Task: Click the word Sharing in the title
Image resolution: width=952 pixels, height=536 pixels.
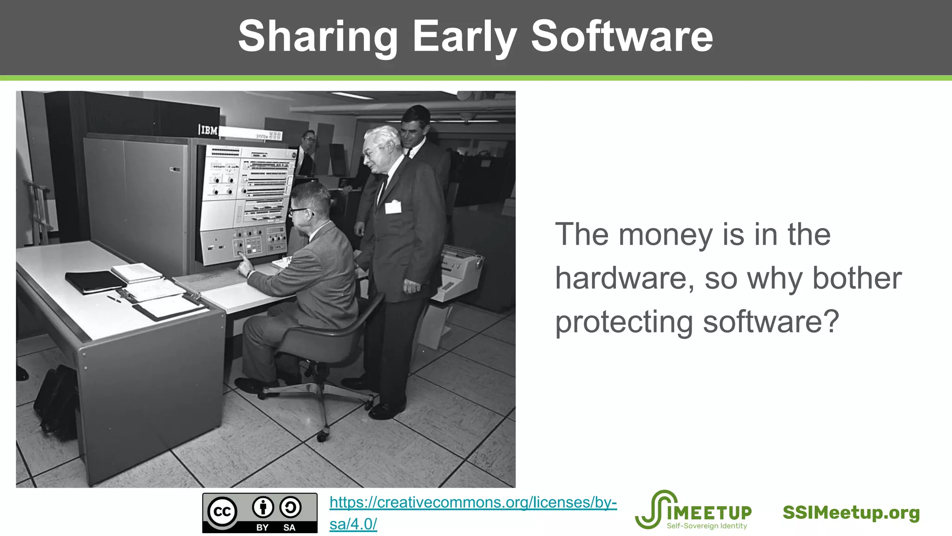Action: coord(317,37)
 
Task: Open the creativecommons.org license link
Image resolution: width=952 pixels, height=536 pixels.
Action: coord(473,503)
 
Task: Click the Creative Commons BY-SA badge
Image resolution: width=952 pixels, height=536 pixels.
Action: coord(260,513)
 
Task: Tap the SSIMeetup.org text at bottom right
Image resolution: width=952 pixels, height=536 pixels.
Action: coord(851,513)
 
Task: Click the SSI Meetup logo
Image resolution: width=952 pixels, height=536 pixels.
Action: coord(693,510)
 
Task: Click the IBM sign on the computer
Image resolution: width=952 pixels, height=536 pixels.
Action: coord(208,130)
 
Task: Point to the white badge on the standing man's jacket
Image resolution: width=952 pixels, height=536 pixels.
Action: coord(393,207)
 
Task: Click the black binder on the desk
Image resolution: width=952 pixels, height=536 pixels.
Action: coord(96,282)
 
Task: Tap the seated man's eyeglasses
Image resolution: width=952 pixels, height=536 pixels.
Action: coord(298,211)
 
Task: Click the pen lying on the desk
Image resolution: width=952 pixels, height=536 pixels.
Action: coord(114,299)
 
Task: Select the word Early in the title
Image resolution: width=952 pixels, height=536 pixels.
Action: coord(464,37)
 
